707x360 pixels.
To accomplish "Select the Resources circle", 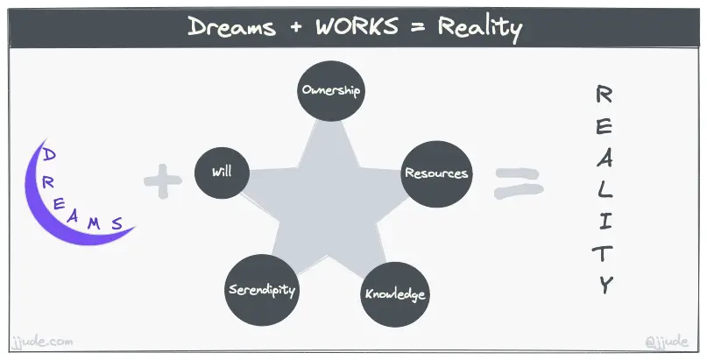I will click(435, 173).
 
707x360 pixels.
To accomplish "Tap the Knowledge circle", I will click(395, 293).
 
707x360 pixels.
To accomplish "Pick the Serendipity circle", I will click(262, 289).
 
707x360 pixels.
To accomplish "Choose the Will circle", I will click(221, 172).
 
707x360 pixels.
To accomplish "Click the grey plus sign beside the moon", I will click(162, 184).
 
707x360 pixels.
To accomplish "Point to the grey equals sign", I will click(518, 181).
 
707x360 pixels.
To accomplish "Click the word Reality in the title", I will click(480, 28).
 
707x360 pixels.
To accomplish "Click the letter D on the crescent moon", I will click(50, 155).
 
